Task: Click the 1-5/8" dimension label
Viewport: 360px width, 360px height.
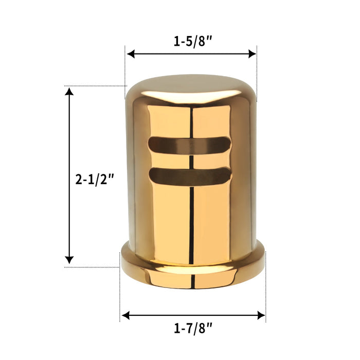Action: [x=191, y=41]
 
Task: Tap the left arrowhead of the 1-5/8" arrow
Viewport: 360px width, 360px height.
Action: [x=131, y=53]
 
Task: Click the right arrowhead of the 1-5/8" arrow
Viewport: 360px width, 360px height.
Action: [x=253, y=53]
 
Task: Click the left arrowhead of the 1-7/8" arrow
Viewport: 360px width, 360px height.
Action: [x=125, y=315]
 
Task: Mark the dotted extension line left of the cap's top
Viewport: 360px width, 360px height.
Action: [x=98, y=86]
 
